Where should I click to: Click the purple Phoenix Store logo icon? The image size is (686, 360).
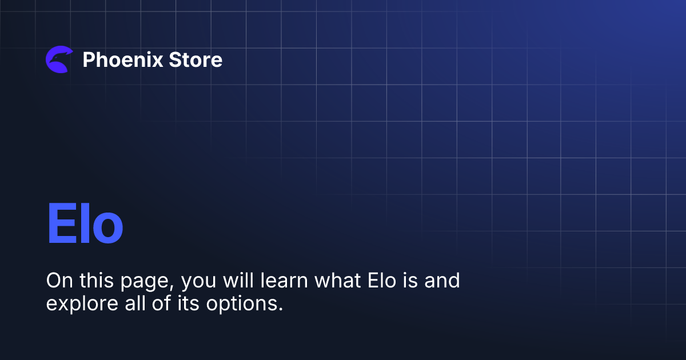pyautogui.click(x=59, y=59)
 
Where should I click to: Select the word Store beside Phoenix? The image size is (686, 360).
pyautogui.click(x=196, y=59)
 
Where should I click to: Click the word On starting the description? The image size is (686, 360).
pyautogui.click(x=57, y=281)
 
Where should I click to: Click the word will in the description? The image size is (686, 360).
pyautogui.click(x=234, y=281)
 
